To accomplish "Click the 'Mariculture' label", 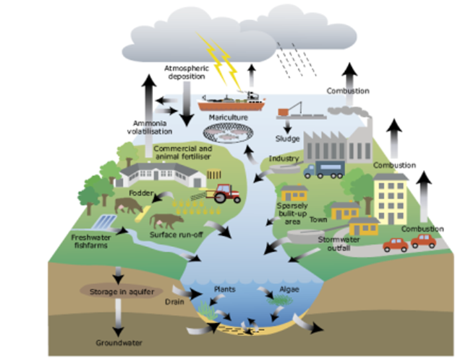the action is click(228, 118).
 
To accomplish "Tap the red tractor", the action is click(227, 193).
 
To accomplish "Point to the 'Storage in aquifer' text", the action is click(122, 291).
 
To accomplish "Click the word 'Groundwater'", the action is click(119, 343).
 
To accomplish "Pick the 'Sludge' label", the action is click(287, 138).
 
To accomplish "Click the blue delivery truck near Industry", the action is click(324, 169).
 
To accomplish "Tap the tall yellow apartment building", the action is click(391, 199).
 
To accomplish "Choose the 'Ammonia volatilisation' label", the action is click(150, 128).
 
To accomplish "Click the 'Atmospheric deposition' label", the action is click(187, 73).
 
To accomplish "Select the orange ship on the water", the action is click(231, 102).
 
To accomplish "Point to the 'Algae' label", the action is click(289, 289).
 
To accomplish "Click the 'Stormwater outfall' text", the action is click(339, 244).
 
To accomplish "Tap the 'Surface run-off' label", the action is click(176, 234).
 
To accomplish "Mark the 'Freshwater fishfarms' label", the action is click(91, 241).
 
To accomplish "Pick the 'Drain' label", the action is click(175, 302).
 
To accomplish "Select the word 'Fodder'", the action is click(141, 193).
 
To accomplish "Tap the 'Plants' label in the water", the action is click(225, 289).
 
